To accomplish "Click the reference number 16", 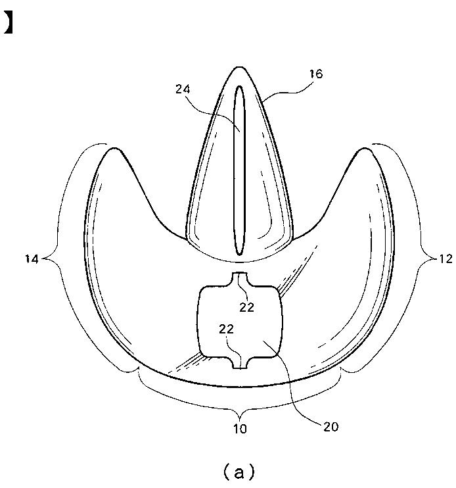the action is tap(315, 74).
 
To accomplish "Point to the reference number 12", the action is tap(445, 259).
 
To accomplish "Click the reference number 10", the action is tap(240, 429).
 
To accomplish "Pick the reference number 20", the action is tap(331, 426).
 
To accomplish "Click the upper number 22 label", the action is tap(247, 306).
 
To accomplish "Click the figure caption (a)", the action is tap(239, 471).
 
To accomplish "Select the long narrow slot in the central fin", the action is tap(240, 171).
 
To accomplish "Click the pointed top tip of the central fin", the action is tap(240, 68).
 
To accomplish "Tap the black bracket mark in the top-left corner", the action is tap(9, 23).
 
